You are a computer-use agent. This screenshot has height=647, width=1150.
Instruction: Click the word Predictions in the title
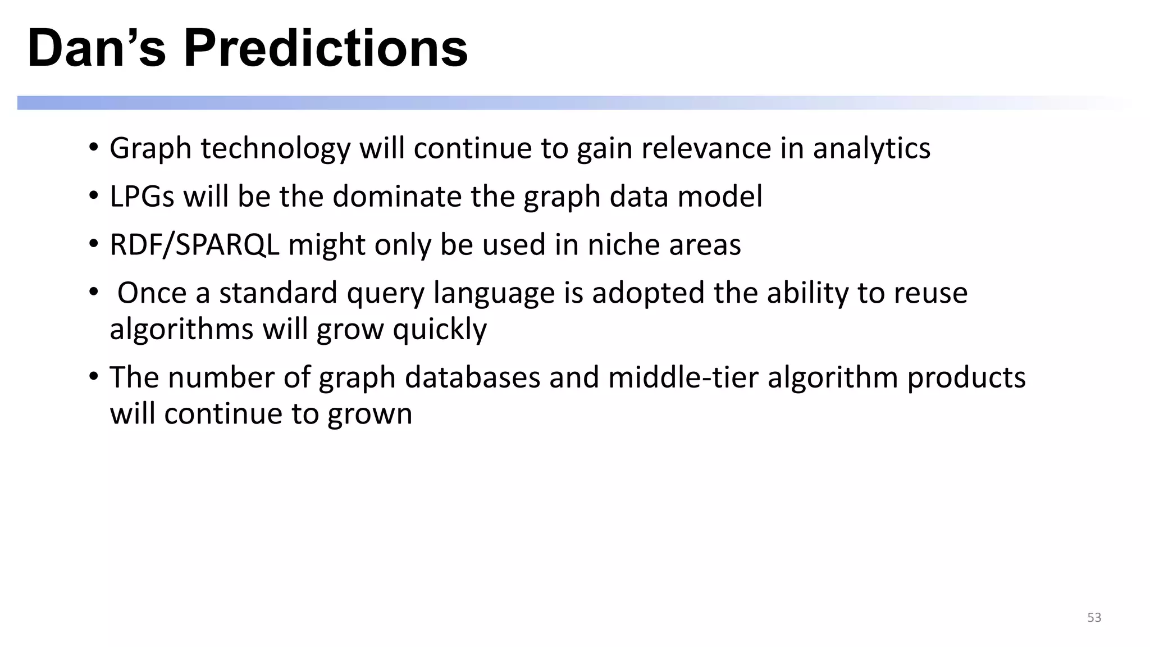click(326, 48)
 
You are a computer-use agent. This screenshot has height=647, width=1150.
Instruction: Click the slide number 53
click(1094, 617)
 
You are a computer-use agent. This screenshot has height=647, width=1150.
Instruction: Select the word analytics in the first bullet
click(871, 149)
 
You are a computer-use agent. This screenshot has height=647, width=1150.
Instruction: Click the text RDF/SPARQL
click(194, 245)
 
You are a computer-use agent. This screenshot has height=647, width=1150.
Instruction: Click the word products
click(966, 377)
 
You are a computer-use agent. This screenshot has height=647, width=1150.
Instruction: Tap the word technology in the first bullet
click(275, 149)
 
